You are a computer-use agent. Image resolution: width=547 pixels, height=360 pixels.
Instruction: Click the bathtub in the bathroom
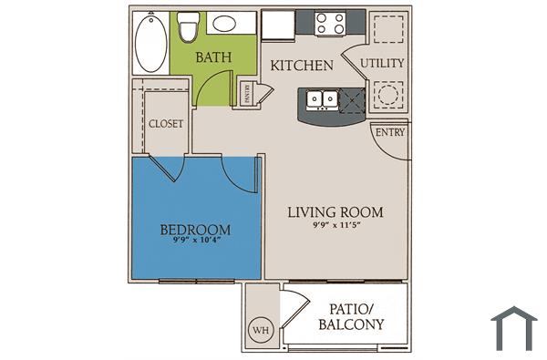(151, 43)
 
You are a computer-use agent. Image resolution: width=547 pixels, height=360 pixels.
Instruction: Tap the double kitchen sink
(321, 98)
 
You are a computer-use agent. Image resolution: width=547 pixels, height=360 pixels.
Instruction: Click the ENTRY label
(390, 133)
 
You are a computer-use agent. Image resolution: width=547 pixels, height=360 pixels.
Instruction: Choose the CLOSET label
(166, 123)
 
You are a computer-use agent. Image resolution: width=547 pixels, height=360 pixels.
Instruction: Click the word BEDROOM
(194, 228)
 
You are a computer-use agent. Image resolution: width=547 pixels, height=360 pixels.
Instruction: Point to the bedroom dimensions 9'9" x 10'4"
(194, 241)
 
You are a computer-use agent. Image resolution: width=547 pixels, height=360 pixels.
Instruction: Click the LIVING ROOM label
(335, 212)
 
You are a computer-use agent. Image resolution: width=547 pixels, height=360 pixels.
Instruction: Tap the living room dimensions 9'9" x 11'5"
(335, 225)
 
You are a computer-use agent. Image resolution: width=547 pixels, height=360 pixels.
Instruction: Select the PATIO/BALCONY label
(350, 316)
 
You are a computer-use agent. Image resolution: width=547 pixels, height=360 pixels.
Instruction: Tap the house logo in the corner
(513, 328)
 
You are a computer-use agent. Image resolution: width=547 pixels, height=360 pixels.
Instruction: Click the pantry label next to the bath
(247, 93)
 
